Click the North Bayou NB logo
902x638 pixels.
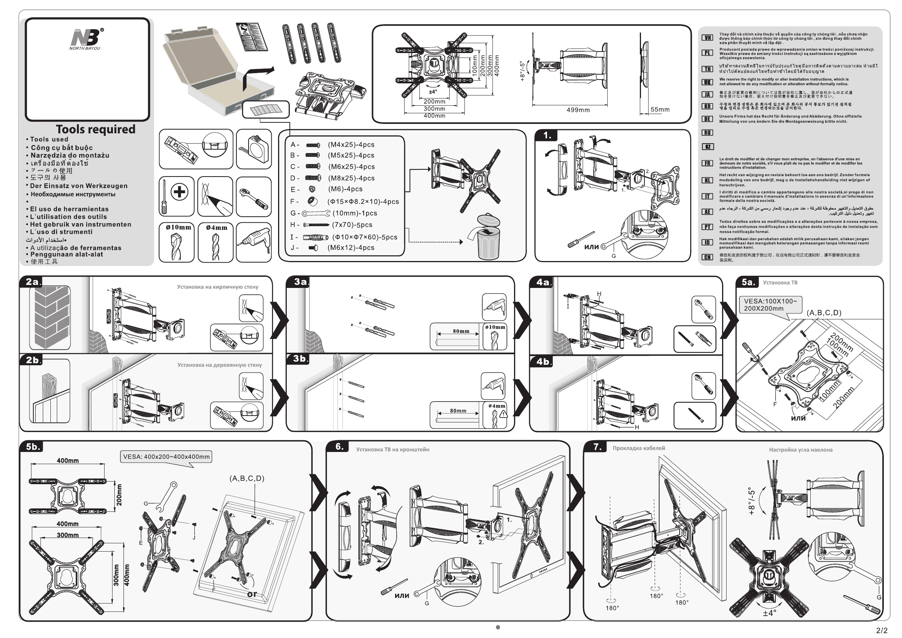86,39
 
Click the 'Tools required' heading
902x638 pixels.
95,129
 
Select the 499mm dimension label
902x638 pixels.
578,110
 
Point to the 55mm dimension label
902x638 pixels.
660,109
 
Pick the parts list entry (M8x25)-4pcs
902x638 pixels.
351,178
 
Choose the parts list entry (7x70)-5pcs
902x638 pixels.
352,225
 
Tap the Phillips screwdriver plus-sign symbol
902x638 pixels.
180,192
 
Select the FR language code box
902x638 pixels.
707,163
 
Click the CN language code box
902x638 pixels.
707,257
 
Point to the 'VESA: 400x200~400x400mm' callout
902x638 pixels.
166,457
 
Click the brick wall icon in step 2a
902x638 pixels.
50,317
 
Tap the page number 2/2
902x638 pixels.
882,630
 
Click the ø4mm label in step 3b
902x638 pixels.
497,406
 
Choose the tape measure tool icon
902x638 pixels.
254,149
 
